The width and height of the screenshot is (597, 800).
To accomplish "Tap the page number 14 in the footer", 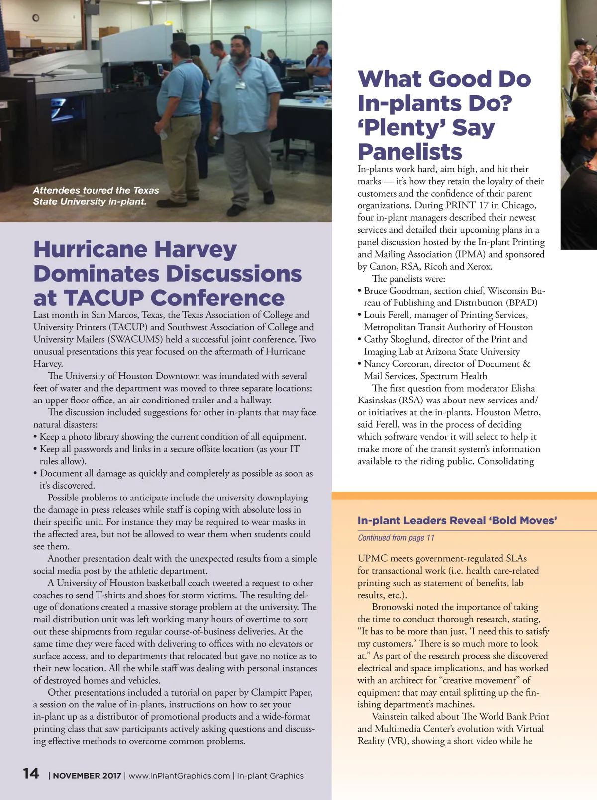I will click(31, 774).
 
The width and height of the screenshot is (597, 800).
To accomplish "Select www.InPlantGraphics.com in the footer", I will click(179, 776).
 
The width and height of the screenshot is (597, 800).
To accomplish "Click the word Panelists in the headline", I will click(410, 152).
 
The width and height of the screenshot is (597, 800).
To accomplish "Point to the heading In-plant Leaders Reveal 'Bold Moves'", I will click(457, 521).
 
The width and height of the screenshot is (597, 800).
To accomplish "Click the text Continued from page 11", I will click(396, 538).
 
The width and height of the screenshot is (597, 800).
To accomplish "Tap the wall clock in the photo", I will click(36, 18).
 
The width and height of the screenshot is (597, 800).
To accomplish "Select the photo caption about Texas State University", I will click(96, 196).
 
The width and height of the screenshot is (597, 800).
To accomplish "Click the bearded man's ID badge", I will click(241, 85).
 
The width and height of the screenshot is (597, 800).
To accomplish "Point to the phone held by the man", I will click(160, 69).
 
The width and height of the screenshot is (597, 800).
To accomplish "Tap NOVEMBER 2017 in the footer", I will click(87, 776).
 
